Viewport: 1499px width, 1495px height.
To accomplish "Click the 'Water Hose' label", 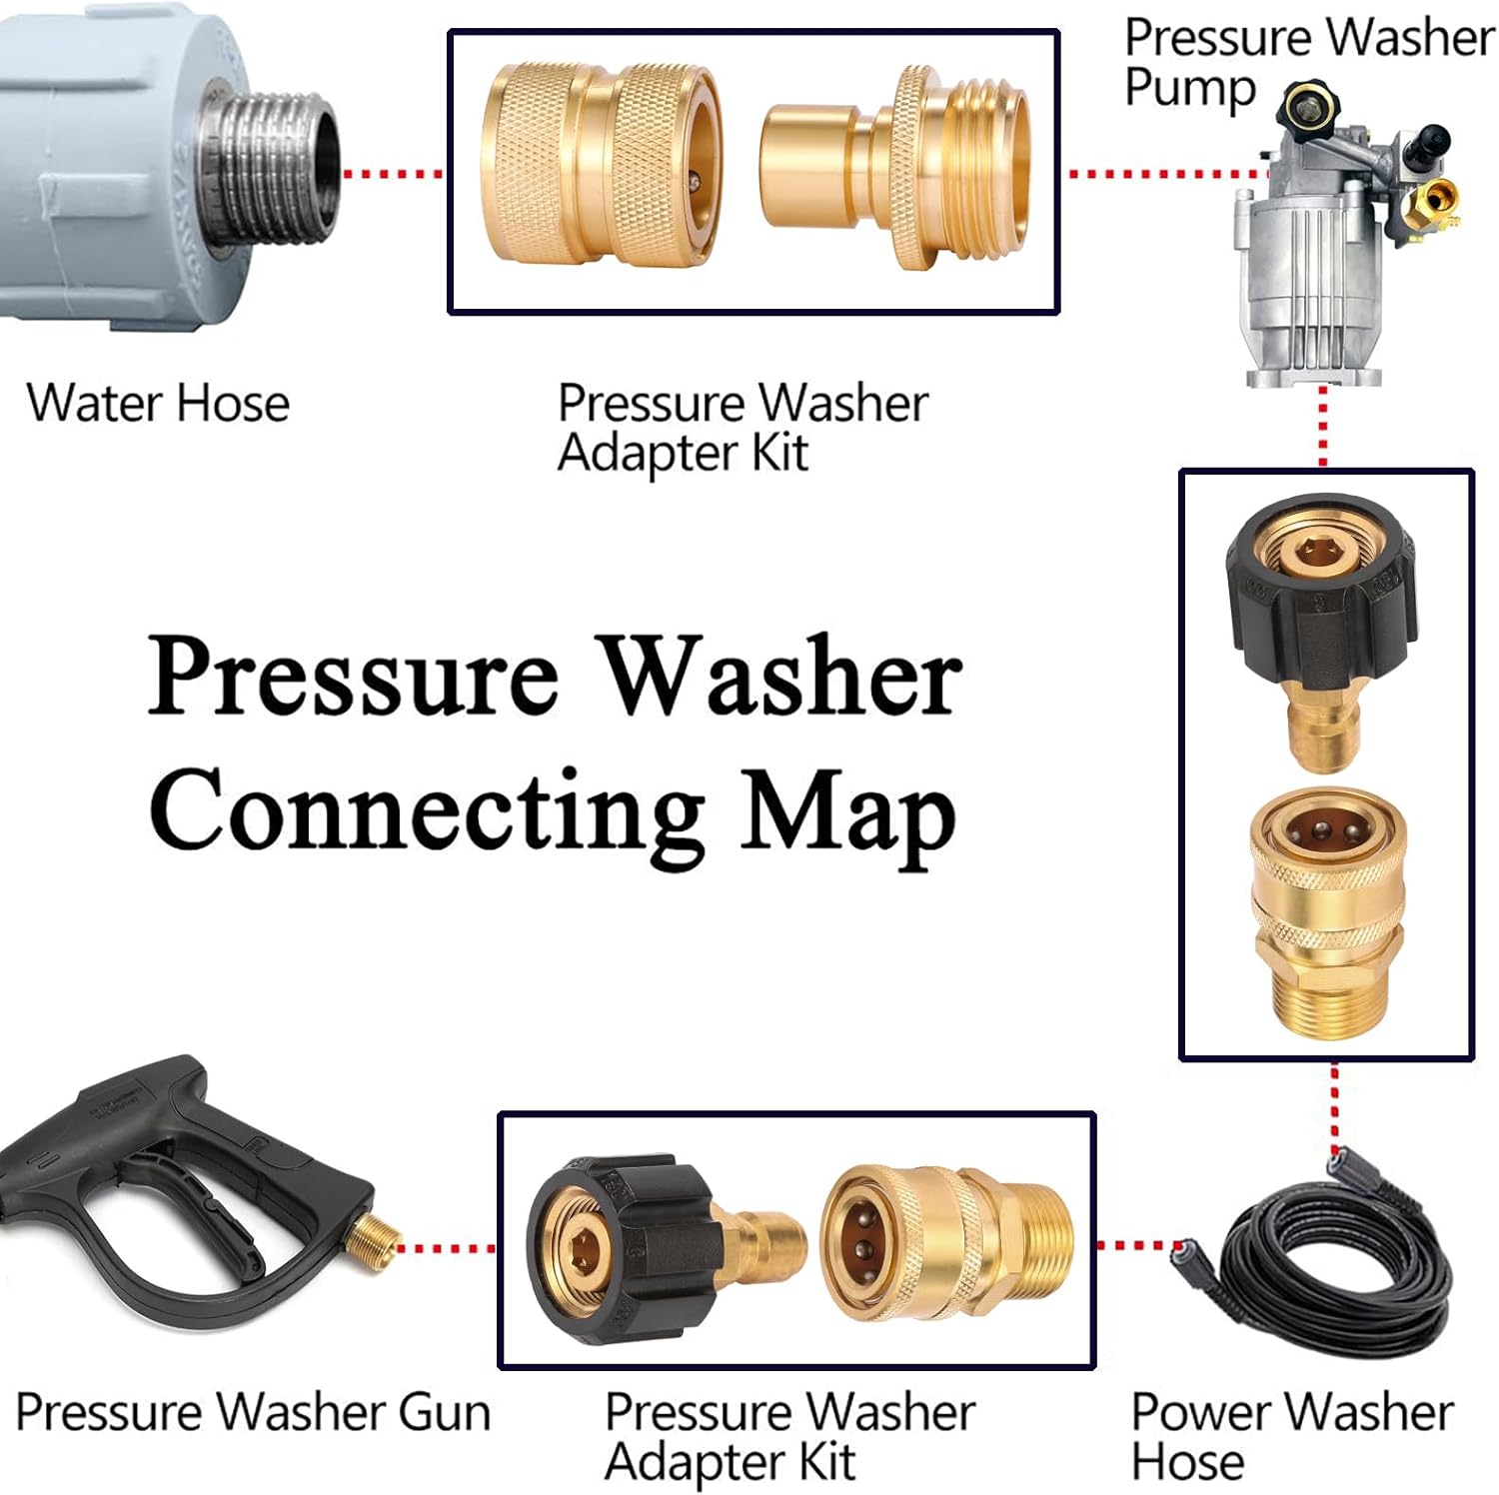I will [x=158, y=404].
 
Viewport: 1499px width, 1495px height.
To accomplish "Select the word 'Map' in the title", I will [x=847, y=814].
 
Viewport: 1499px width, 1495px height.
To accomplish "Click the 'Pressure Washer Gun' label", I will [x=253, y=1412].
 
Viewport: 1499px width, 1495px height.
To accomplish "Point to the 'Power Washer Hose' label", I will [x=1291, y=1437].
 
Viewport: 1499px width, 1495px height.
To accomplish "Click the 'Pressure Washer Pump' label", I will [x=1307, y=62].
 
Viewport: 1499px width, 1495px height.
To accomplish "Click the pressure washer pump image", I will [x=1329, y=260].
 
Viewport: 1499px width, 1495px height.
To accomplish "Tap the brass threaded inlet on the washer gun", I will [x=372, y=1248].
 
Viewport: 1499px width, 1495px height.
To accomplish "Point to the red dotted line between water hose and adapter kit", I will [x=393, y=174].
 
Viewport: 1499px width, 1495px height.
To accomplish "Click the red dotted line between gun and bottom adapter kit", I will [x=447, y=1248].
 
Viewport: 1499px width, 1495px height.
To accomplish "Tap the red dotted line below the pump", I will [x=1323, y=425].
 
